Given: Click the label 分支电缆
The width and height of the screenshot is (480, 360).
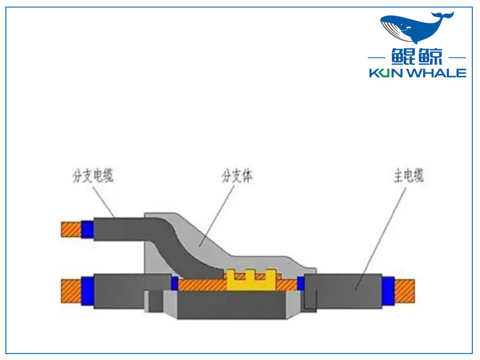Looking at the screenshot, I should coord(93,176).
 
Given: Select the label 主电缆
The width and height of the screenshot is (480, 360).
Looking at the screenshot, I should coord(409,176).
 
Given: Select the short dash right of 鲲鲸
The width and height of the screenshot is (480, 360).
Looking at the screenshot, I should coord(457,58).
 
